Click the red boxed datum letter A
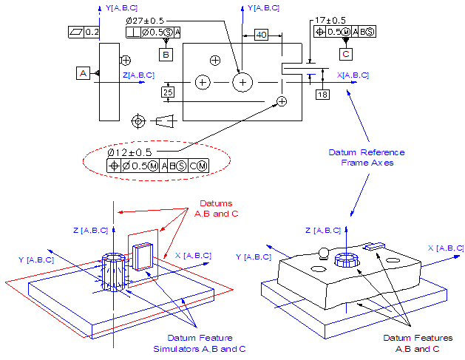coord(83,72)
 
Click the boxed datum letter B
coord(166,54)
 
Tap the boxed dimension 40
coord(262,35)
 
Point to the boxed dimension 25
coord(168,92)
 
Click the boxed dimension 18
coord(322,94)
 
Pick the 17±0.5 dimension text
coord(330,20)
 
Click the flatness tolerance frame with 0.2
coord(82,33)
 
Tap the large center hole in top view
coord(242,82)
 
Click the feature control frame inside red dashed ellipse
coord(157,166)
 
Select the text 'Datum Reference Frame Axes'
coord(367,157)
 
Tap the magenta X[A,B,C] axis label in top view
coord(353,75)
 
